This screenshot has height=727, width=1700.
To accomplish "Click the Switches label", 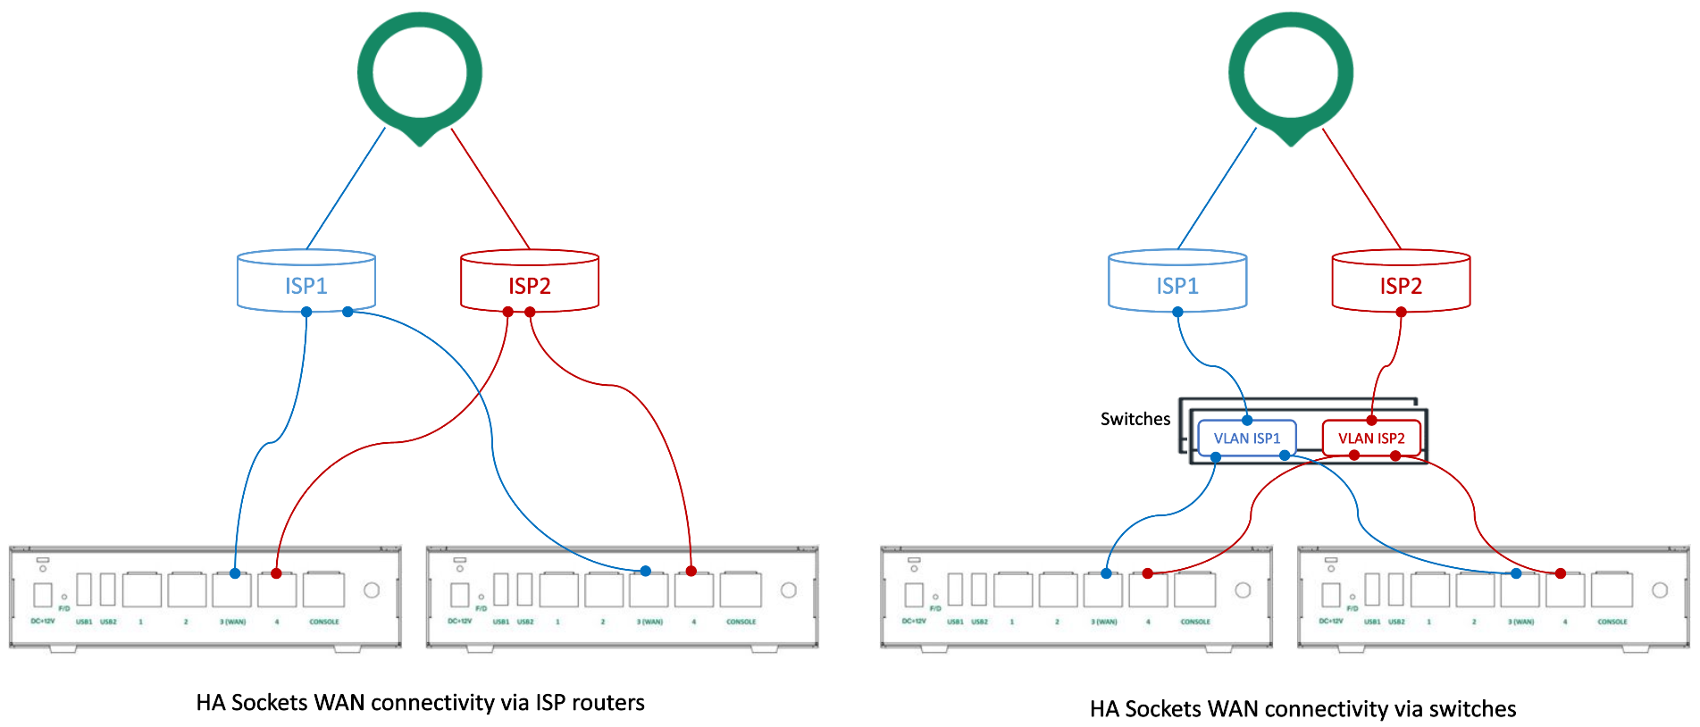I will [x=1135, y=419].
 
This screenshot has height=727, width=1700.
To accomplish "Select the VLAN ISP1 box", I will [x=1246, y=439].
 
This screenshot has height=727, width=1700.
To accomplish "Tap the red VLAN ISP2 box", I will [x=1370, y=439].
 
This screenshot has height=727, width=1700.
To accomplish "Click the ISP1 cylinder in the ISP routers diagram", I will [x=306, y=285].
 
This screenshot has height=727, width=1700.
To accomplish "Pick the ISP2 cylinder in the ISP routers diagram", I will [x=529, y=285].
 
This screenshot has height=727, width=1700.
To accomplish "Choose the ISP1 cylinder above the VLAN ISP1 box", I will [x=1177, y=285].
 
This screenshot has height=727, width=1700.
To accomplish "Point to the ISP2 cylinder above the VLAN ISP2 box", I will [x=1400, y=285].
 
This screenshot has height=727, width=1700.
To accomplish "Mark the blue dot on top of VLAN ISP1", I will [x=1247, y=420].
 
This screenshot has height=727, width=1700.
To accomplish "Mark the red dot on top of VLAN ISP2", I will [x=1371, y=420].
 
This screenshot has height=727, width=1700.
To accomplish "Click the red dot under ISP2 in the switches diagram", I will [x=1401, y=312].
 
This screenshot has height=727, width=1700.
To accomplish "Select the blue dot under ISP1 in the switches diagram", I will [x=1177, y=312].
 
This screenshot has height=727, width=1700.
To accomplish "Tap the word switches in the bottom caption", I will [x=1472, y=709].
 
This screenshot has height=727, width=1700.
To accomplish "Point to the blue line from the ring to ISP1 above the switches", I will [x=1217, y=188].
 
